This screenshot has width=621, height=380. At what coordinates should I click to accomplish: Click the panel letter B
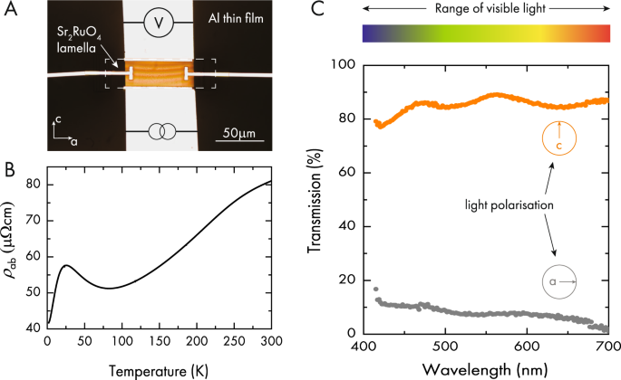[x=8, y=168]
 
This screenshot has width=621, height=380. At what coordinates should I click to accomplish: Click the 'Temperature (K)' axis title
[x=159, y=370]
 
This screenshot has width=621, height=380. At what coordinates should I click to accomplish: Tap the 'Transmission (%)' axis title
[x=321, y=199]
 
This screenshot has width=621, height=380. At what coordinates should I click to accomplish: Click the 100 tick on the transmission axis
[x=345, y=65]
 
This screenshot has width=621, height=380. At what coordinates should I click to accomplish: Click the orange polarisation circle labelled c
[x=559, y=138]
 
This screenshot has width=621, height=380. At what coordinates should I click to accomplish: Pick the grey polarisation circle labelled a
[x=560, y=281]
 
